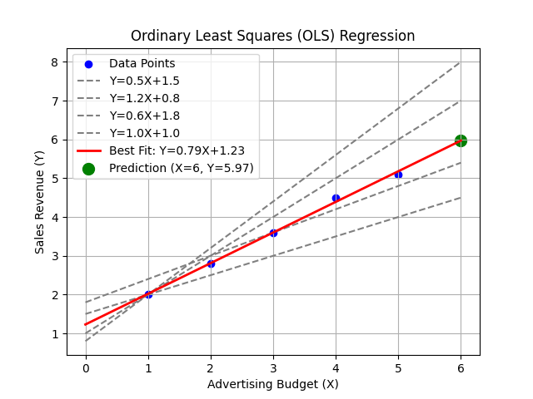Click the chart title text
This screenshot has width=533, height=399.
272,36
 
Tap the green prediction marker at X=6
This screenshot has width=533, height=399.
461,140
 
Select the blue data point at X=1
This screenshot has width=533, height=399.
148,294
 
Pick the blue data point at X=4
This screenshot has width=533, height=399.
336,198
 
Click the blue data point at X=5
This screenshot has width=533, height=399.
398,175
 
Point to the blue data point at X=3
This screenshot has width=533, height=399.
273,233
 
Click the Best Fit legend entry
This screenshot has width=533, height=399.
163,150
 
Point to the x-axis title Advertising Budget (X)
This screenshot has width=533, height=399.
272,384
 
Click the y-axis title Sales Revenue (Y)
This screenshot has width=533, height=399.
39,203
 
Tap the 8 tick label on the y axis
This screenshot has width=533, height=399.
54,62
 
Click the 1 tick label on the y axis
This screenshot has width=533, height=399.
54,334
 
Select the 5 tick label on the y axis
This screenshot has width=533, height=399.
54,179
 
